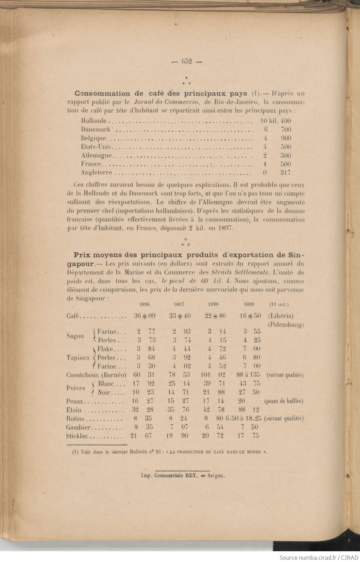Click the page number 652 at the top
point(187,61)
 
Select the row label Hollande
point(94,121)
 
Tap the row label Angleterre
point(96,173)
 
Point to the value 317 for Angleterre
point(285,173)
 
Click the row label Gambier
point(79,427)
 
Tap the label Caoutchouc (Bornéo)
point(96,375)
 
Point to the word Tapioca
point(78,358)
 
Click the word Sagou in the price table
point(75,336)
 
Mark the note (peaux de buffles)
point(284,401)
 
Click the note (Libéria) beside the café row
point(280,316)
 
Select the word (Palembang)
point(286,325)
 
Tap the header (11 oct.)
point(279,304)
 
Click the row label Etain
point(74,410)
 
